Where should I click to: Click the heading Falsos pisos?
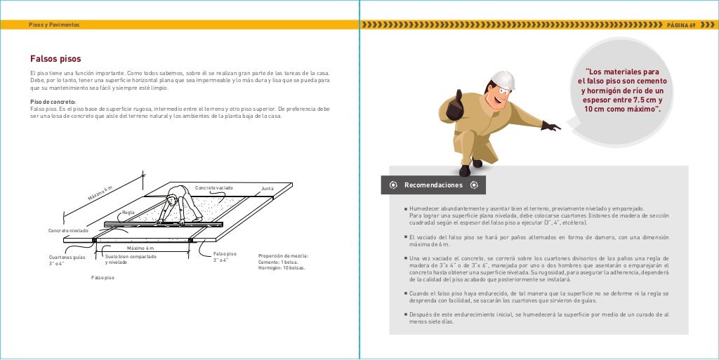coord(55,59)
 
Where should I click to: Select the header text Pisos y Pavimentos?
coord(54,25)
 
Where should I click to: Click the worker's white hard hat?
coord(503,80)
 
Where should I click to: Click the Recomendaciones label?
coord(433,185)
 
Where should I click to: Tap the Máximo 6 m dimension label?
coord(100,192)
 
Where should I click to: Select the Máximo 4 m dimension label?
coord(140,248)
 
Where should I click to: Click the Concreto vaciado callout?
coord(213,188)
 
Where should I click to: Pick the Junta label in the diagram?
coord(267,189)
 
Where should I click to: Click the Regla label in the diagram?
coord(128,212)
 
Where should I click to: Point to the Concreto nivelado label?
coord(68,230)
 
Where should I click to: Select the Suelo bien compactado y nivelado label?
coord(131,260)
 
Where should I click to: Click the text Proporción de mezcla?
coord(283,256)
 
